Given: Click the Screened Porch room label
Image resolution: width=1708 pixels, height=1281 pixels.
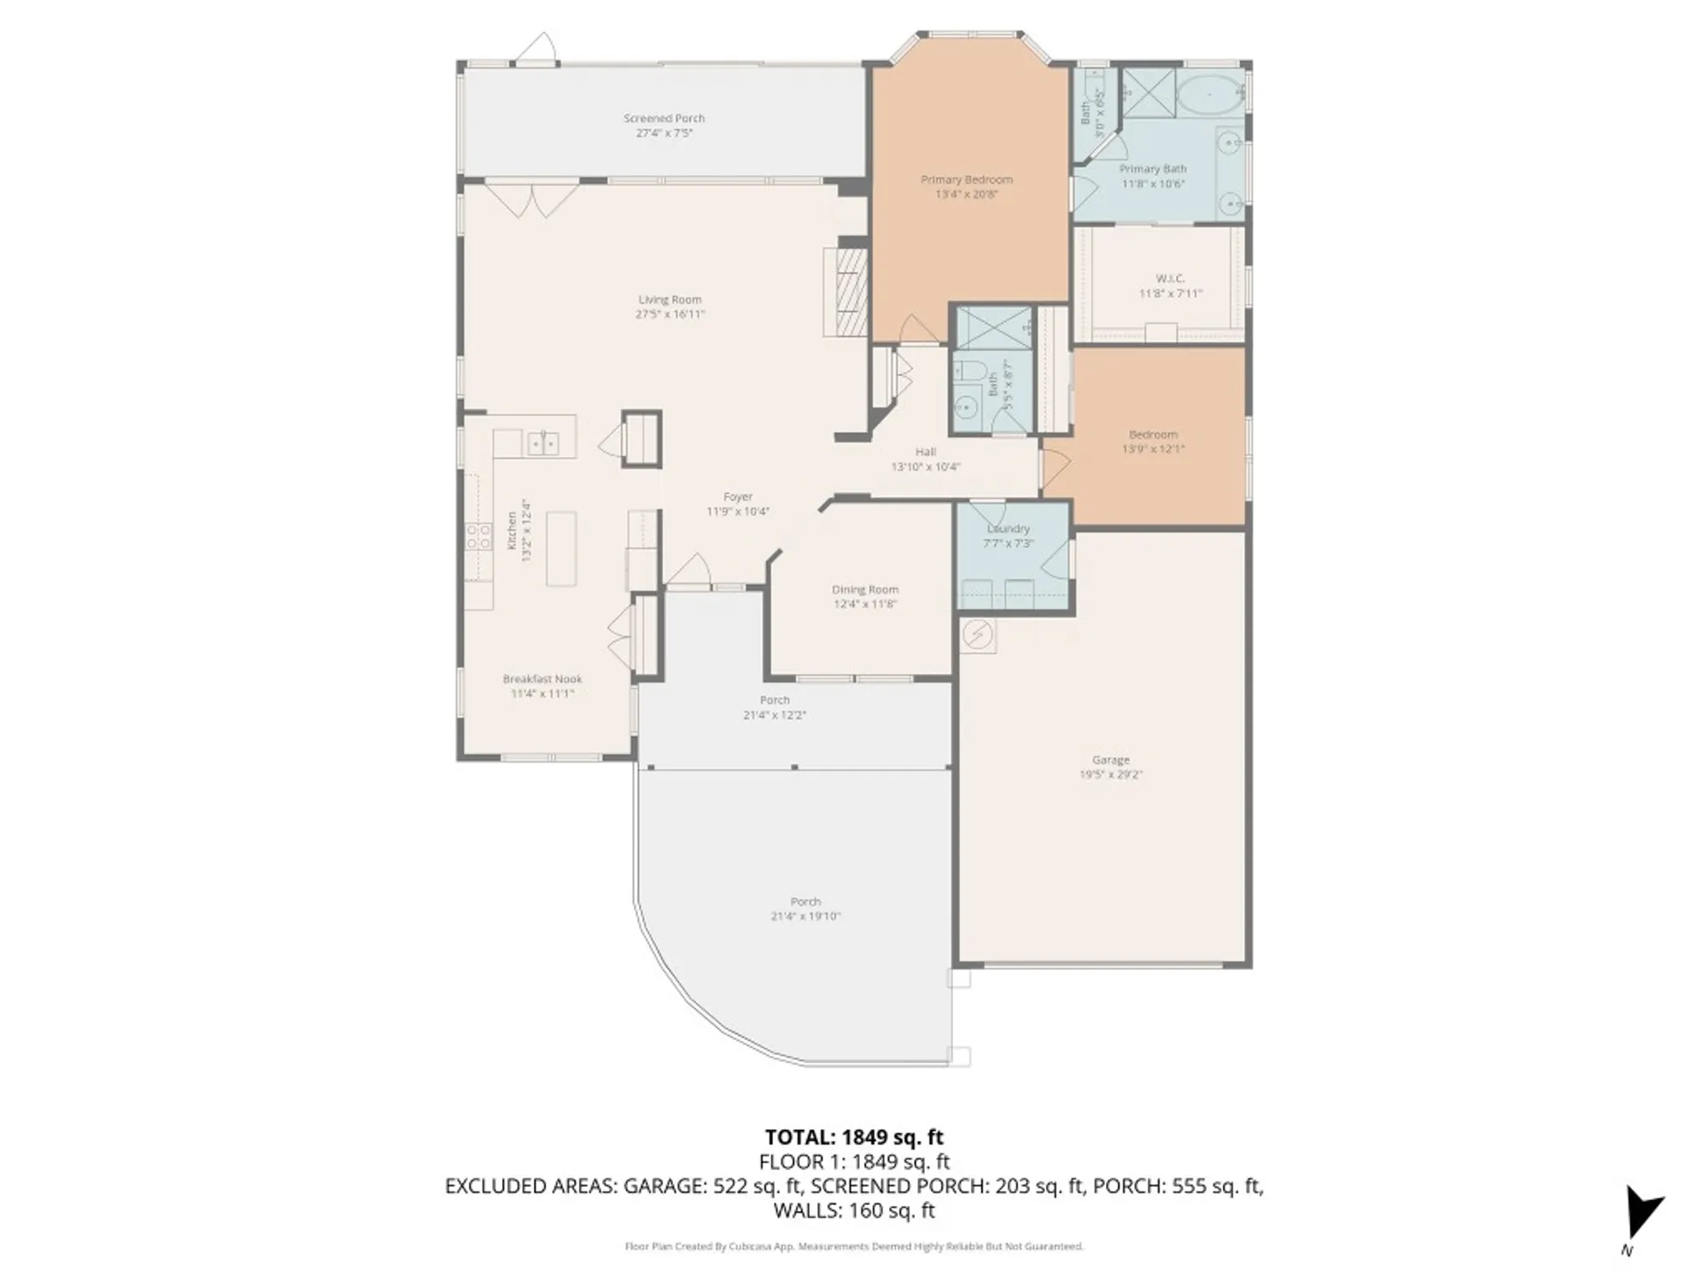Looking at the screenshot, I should click(664, 119).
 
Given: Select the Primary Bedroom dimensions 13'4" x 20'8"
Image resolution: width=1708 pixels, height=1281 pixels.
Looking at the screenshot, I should click(966, 195).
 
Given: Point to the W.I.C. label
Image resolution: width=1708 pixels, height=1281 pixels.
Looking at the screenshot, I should click(1170, 278).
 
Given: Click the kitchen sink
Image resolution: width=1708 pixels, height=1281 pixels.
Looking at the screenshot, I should click(542, 442).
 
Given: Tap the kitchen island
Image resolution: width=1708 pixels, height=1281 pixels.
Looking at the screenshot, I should click(561, 548).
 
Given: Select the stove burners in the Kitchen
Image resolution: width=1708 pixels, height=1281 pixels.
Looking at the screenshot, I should click(478, 536).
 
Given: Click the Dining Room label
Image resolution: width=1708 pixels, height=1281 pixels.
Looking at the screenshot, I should click(864, 589).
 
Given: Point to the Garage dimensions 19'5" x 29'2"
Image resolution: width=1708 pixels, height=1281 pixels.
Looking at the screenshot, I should click(1110, 775).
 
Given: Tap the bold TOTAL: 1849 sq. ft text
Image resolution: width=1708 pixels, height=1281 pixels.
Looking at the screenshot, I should click(853, 1137).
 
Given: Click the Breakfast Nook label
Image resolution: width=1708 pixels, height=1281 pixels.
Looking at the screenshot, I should click(542, 679).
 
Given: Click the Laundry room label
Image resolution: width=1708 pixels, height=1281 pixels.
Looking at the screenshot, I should click(1009, 529).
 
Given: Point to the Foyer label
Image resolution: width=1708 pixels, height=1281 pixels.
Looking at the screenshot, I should click(737, 496).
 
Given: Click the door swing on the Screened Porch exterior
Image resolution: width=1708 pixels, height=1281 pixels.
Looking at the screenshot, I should click(536, 49).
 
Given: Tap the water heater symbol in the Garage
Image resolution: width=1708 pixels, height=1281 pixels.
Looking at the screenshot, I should click(977, 635).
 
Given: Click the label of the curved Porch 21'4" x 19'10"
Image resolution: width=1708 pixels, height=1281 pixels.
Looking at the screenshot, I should click(805, 901).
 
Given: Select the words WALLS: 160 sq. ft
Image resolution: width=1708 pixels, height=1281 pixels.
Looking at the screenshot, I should click(853, 1210).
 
